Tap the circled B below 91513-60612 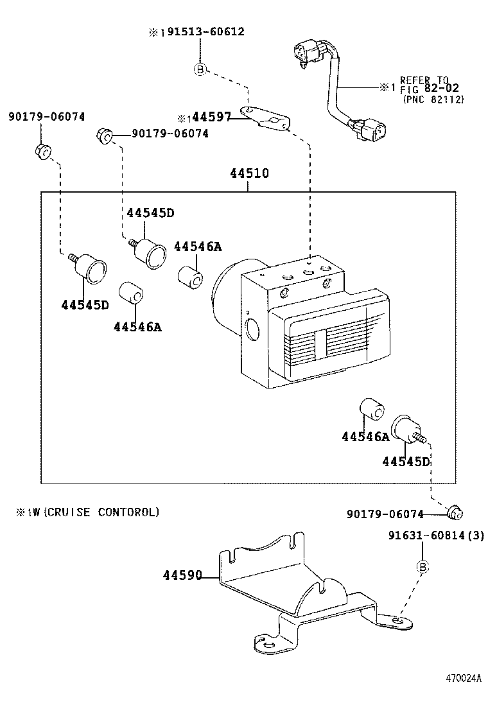[x=200, y=69]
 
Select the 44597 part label [x=211, y=117]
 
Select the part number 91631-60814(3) [x=435, y=535]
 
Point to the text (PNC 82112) [x=433, y=99]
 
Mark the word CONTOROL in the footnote [x=131, y=512]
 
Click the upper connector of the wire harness [x=306, y=53]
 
